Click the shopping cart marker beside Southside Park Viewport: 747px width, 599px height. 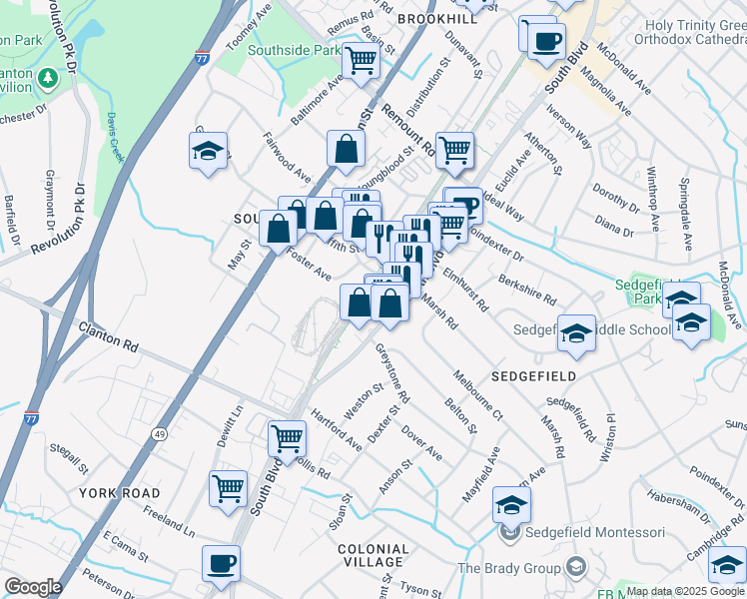click(x=361, y=61)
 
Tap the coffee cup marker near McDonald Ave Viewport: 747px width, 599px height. click(x=545, y=41)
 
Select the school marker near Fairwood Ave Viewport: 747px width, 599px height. click(x=208, y=151)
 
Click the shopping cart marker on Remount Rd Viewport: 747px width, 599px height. click(x=455, y=150)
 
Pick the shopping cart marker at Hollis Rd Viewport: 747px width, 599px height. click(x=287, y=437)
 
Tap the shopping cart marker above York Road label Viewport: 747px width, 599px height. click(x=229, y=488)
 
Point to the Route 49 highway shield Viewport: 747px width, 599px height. click(x=160, y=433)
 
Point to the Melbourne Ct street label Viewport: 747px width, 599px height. click(x=477, y=393)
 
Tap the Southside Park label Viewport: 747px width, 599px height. click(x=281, y=48)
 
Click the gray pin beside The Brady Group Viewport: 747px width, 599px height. click(x=575, y=568)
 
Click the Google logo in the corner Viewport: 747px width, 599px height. click(x=33, y=587)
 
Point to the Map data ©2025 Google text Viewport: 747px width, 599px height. click(x=685, y=591)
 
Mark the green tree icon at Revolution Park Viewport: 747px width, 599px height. click(x=47, y=77)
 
